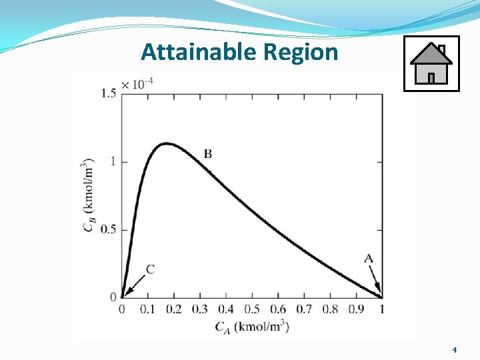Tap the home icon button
pyautogui.click(x=431, y=63)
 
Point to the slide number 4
pyautogui.click(x=454, y=350)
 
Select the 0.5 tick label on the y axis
pyautogui.click(x=109, y=230)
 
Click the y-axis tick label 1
pyautogui.click(x=113, y=161)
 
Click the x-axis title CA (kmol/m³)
pyautogui.click(x=252, y=327)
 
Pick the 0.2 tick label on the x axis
pyautogui.click(x=173, y=309)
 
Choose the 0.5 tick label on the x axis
pyautogui.click(x=251, y=309)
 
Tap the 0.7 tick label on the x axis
pyautogui.click(x=303, y=309)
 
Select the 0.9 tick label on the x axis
pyautogui.click(x=355, y=309)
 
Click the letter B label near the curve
pyautogui.click(x=208, y=154)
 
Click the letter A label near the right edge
pyautogui.click(x=369, y=259)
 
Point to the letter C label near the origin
pyautogui.click(x=150, y=269)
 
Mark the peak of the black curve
pyautogui.click(x=166, y=143)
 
